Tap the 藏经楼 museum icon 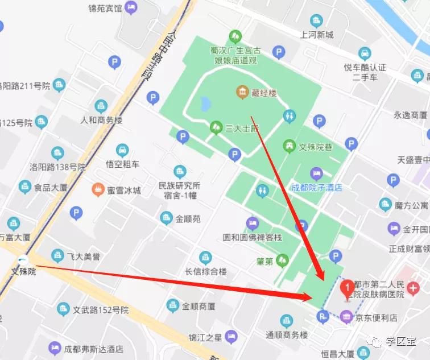tap(242, 92)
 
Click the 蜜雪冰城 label tap(123, 190)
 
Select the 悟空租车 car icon tap(122, 151)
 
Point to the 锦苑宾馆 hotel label tap(105, 9)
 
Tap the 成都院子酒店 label tap(316, 188)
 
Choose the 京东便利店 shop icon tap(346, 317)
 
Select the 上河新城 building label tap(317, 35)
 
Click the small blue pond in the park tap(205, 104)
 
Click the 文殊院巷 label tap(316, 147)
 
